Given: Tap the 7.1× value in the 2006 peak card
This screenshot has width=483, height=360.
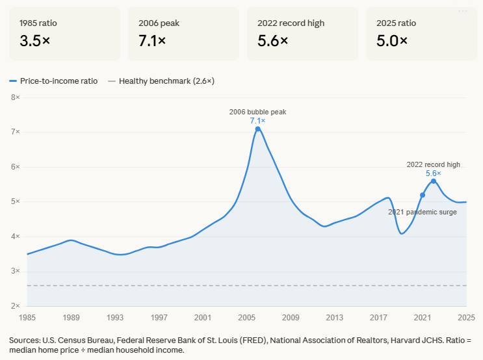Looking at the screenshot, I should click(152, 41).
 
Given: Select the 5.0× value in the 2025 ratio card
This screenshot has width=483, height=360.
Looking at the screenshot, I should click(392, 41).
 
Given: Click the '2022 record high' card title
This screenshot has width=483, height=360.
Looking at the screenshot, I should click(291, 23).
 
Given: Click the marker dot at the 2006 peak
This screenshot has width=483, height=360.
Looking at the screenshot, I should click(258, 129).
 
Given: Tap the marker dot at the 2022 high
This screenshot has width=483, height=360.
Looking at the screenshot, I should click(434, 181).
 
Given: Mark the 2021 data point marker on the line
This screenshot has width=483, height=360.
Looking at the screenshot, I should click(423, 195).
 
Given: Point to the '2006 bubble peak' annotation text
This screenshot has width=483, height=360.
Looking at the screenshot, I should click(257, 112).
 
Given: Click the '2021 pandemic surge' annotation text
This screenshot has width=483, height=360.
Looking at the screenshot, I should click(422, 212).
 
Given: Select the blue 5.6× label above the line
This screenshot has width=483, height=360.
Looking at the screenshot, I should click(434, 174).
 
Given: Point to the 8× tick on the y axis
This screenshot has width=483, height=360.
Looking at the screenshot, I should click(16, 97).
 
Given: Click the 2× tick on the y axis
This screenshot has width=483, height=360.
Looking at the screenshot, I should click(16, 305).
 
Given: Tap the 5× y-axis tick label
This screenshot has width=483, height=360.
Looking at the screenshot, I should click(16, 201).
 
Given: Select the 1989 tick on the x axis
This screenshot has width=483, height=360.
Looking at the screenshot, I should click(72, 318).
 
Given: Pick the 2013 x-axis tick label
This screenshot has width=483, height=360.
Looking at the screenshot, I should click(335, 318).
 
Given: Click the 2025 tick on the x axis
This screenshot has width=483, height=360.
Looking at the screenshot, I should click(465, 318).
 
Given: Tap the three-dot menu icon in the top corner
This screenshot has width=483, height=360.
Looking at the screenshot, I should click(463, 11).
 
